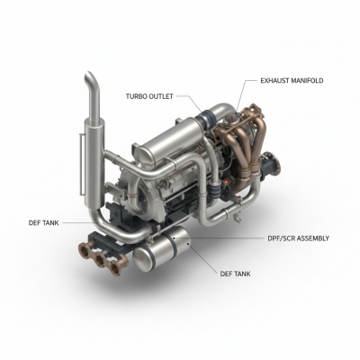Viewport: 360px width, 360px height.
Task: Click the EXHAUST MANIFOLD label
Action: coord(292,81)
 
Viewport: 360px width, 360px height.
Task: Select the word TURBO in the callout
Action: coord(136,96)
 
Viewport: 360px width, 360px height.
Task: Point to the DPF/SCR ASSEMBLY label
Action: coord(298,238)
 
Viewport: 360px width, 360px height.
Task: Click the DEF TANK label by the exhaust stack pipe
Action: coord(44,223)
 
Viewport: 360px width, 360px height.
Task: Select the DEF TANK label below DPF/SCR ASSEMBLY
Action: coord(235,274)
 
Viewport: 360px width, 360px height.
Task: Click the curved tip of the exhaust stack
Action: coord(90,77)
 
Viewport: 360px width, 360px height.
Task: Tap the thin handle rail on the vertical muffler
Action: coord(80,164)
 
